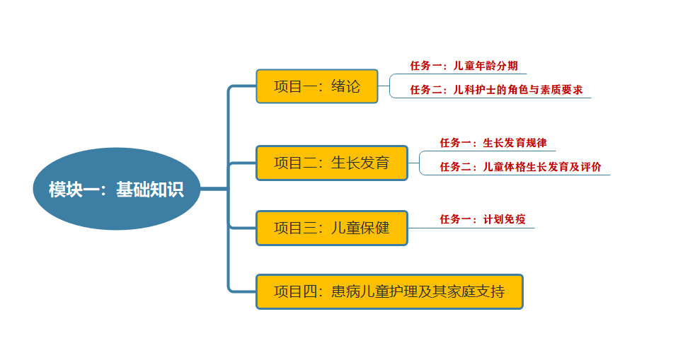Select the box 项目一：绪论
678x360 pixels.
click(x=317, y=86)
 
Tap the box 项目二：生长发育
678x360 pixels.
click(x=332, y=163)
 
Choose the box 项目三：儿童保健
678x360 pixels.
click(x=332, y=228)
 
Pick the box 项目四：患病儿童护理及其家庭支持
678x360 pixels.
click(x=389, y=291)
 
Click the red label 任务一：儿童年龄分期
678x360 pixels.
click(x=468, y=66)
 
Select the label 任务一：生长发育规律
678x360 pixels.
click(x=493, y=143)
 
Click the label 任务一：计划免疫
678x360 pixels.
click(x=483, y=219)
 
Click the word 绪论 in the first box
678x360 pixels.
click(x=346, y=86)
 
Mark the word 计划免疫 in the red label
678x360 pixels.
click(x=504, y=219)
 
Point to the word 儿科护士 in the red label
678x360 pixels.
click(x=475, y=90)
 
